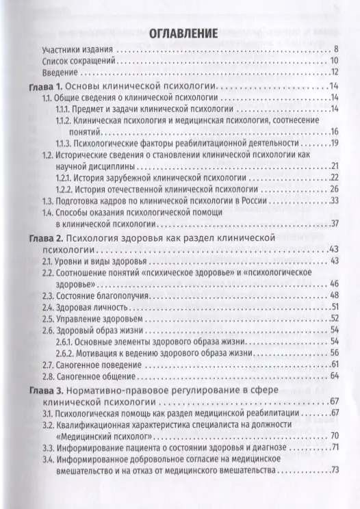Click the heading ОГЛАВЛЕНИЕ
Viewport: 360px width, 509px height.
[180, 32]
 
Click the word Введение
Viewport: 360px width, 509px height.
[60, 73]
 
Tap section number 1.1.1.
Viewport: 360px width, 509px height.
[64, 109]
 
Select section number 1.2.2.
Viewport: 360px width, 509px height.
[64, 189]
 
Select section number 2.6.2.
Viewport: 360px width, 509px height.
[64, 353]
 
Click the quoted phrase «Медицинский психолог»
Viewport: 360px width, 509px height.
[97, 436]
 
